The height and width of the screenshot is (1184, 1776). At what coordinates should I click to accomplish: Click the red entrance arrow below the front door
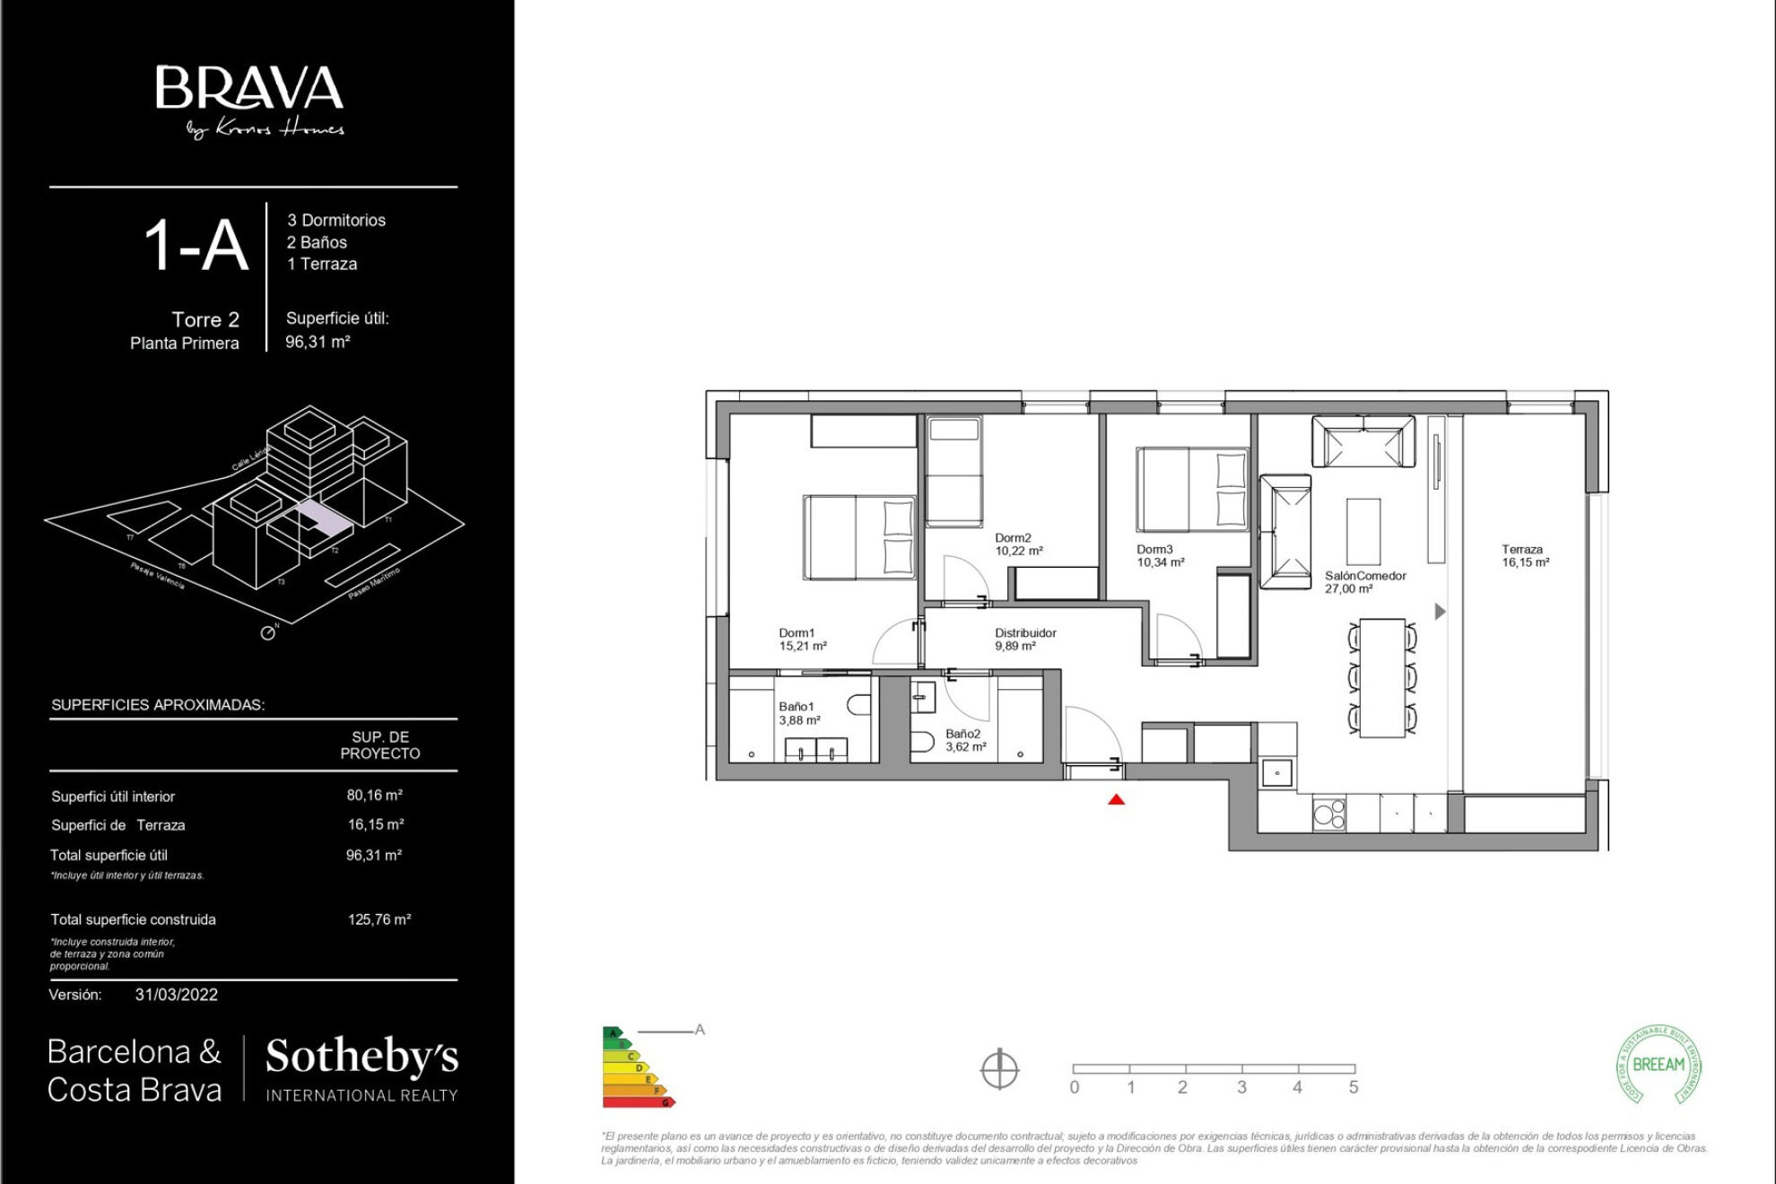click(x=1116, y=799)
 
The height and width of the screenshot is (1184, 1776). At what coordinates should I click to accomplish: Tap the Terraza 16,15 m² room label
click(x=1525, y=556)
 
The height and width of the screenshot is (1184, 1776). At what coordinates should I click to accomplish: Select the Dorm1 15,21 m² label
click(x=802, y=640)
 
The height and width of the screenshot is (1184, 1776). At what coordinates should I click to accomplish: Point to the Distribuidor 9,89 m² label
click(x=1024, y=640)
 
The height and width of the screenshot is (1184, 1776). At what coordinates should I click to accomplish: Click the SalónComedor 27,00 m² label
click(x=1364, y=582)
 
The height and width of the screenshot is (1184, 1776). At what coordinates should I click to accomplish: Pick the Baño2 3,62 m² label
click(x=965, y=740)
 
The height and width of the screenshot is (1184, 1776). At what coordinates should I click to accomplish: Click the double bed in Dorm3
click(x=1192, y=490)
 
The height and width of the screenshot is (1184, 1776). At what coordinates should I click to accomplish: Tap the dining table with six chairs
click(x=1381, y=677)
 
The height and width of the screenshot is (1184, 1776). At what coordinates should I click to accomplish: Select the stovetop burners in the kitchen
click(x=1328, y=814)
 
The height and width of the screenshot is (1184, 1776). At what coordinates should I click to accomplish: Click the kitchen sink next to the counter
click(x=1276, y=772)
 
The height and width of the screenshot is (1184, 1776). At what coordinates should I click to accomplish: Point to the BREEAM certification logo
click(x=1658, y=1065)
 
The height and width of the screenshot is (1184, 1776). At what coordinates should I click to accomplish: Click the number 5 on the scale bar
click(x=1353, y=1087)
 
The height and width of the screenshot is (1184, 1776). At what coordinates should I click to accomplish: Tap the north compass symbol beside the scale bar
click(x=999, y=1069)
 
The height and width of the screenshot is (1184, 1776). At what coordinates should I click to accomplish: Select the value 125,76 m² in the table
click(x=379, y=919)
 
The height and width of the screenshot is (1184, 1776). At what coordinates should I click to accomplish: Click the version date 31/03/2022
click(x=177, y=995)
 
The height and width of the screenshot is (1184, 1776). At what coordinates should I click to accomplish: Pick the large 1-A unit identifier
click(x=196, y=246)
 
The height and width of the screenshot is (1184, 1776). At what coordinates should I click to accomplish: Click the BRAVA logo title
click(x=249, y=89)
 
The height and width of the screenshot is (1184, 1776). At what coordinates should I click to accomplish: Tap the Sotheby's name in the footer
click(x=361, y=1057)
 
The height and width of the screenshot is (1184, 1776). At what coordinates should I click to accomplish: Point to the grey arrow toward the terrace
click(x=1440, y=612)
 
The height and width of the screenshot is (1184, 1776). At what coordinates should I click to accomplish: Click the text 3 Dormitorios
click(x=336, y=221)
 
